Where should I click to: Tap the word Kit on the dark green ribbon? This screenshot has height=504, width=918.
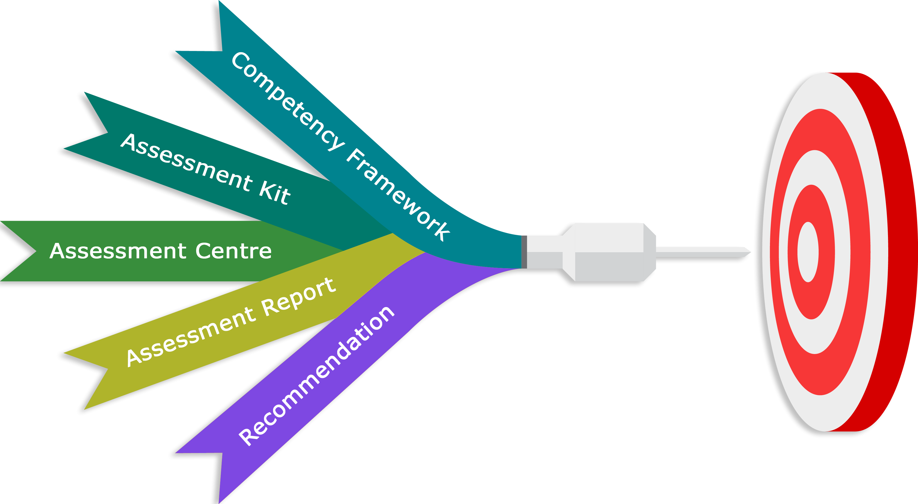(274, 193)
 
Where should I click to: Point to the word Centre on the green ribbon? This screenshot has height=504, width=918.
(234, 251)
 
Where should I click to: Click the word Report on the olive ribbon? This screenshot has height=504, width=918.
(299, 297)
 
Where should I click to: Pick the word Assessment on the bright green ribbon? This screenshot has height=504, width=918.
(118, 251)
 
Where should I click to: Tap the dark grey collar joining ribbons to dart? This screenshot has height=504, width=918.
(524, 251)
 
